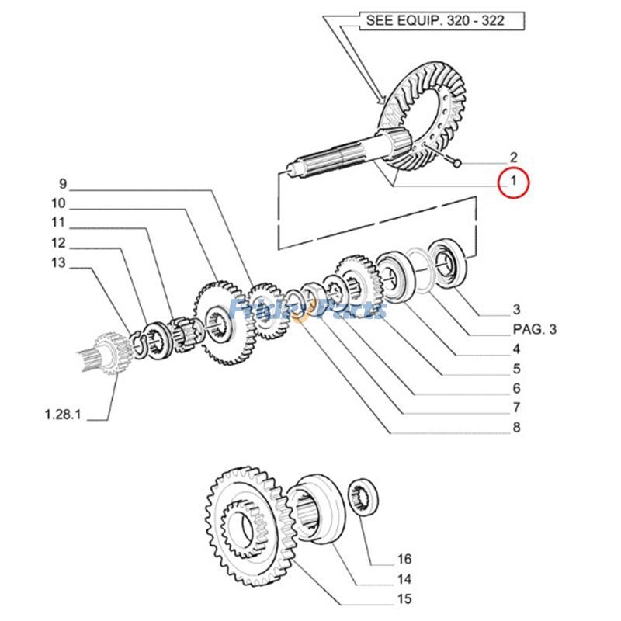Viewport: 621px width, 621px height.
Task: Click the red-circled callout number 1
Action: tap(512, 184)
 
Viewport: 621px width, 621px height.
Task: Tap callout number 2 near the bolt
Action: tap(513, 157)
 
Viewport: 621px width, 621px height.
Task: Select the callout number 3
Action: tap(516, 310)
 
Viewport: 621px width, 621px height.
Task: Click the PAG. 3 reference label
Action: tap(535, 329)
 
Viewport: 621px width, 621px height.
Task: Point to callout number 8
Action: tap(516, 427)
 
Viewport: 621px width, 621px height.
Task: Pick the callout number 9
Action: tap(63, 184)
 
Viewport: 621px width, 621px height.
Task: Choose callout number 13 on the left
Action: tap(59, 262)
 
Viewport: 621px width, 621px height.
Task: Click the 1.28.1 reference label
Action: tap(62, 415)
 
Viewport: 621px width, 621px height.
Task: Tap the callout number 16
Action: tap(404, 559)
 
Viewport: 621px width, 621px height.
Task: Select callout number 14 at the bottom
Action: tap(404, 579)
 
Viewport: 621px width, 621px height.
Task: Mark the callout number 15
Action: tap(404, 598)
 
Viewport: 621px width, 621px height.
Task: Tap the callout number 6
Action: tap(516, 388)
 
